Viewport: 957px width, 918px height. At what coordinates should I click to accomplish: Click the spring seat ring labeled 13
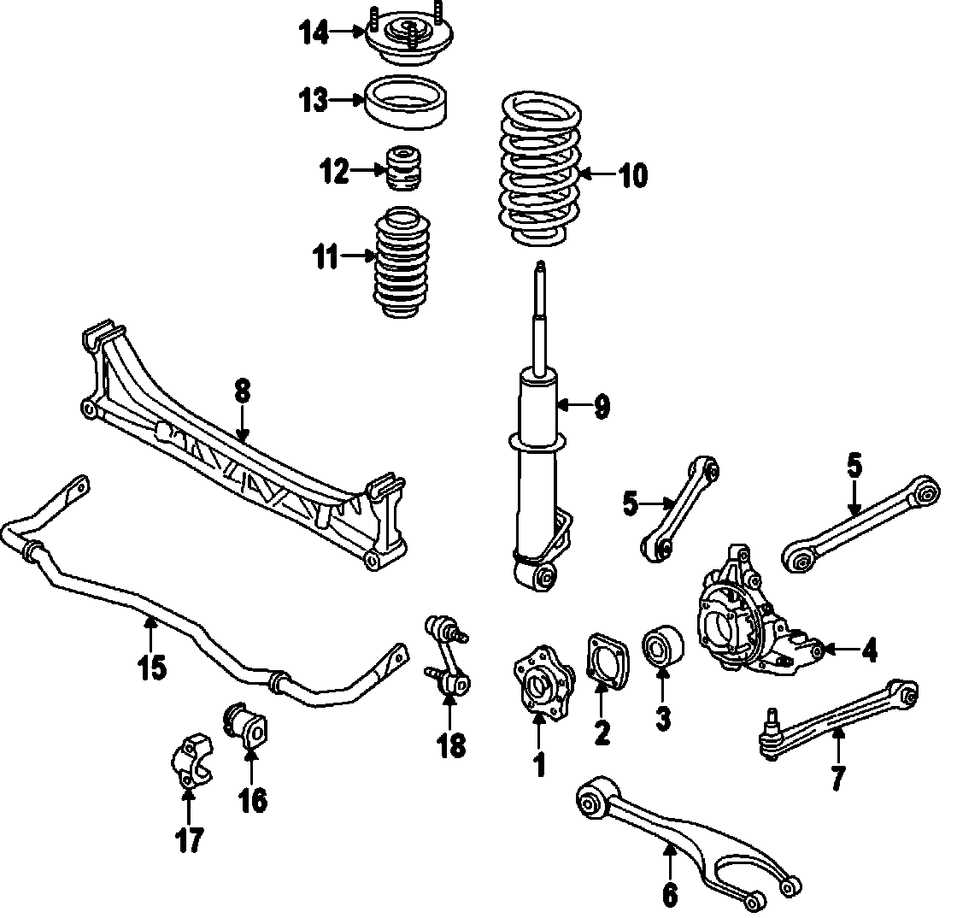[408, 103]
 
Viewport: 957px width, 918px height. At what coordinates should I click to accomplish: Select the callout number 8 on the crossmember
[243, 391]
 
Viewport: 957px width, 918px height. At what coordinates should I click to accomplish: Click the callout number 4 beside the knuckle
[869, 651]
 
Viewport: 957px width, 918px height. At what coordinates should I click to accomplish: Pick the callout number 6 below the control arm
[669, 894]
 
